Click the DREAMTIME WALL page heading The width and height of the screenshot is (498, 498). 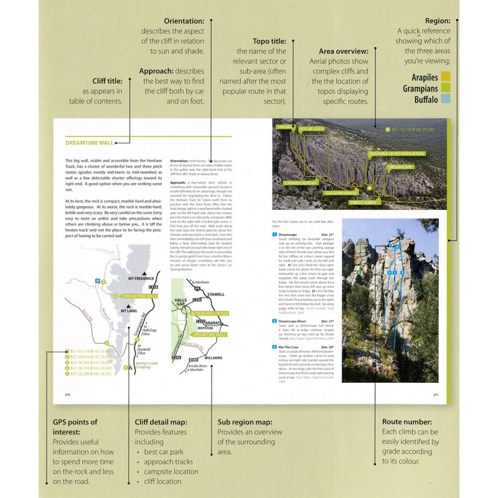[x=90, y=143]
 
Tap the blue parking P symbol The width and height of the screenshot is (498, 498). [x=96, y=281]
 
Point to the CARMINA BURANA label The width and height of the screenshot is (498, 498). [x=301, y=182]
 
